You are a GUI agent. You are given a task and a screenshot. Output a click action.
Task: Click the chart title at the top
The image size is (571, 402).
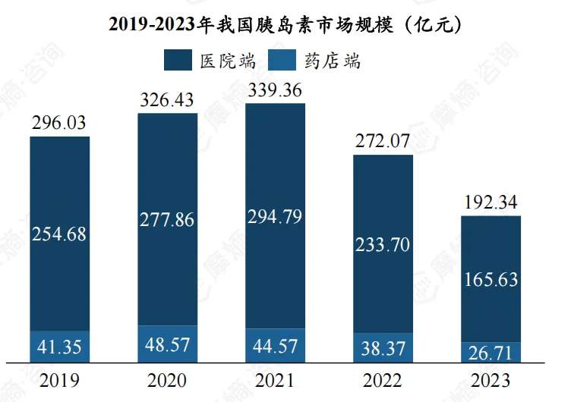tap(285, 24)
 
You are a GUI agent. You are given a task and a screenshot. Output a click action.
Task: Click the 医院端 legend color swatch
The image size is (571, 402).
tap(178, 61)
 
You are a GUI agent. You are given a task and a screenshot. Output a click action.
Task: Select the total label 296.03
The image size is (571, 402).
tap(59, 122)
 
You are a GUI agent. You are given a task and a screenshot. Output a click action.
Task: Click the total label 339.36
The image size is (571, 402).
tap(275, 90)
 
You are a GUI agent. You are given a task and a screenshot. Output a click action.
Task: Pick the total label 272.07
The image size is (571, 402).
tap(383, 140)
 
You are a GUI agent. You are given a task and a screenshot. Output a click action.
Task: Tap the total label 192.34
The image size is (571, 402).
tap(491, 202)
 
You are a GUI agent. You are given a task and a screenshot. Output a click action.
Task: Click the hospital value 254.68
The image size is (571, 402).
tap(59, 234)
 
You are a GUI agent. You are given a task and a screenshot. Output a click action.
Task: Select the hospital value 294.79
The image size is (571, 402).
tap(275, 216)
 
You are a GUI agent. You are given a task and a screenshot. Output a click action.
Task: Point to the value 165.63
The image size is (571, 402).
tap(491, 279)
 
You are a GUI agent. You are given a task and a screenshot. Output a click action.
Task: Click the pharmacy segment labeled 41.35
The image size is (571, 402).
tap(59, 347)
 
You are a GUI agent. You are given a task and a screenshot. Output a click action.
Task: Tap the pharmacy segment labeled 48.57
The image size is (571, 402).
tap(167, 344)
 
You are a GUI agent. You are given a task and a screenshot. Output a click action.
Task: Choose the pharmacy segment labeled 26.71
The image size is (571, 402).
tap(491, 353)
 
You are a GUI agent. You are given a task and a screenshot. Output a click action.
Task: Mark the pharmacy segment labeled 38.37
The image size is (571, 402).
tap(383, 348)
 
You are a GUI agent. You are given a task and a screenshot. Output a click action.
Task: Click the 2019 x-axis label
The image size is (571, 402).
tap(59, 380)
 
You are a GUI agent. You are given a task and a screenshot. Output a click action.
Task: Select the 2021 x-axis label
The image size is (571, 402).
tap(275, 380)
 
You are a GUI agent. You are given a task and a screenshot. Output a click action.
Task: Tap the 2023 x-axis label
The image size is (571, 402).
tap(491, 380)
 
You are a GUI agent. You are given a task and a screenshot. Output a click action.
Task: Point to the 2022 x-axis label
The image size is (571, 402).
tap(383, 380)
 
